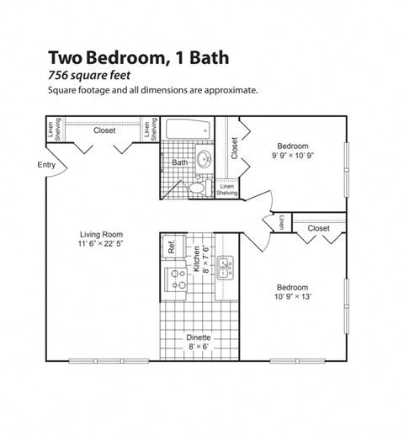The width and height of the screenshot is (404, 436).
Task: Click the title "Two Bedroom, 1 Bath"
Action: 138,58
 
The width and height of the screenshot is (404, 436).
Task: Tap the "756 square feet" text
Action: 88,76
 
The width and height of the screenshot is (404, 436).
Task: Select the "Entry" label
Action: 46,165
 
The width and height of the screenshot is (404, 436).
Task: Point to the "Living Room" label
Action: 101,234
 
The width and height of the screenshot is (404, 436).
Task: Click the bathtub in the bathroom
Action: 186,131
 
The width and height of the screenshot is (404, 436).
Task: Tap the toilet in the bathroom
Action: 199,187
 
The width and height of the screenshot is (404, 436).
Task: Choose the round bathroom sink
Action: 204,159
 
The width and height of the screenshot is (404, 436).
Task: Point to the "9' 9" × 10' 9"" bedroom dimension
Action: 294,155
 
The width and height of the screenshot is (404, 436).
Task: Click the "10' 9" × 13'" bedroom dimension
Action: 292,295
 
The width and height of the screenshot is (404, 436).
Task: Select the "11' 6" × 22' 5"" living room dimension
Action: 101,245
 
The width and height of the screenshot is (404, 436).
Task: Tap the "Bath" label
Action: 180,162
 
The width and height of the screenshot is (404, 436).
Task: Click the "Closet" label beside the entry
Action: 104,130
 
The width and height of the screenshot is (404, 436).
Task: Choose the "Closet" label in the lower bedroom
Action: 318,228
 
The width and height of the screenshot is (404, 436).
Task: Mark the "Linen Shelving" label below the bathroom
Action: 228,189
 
